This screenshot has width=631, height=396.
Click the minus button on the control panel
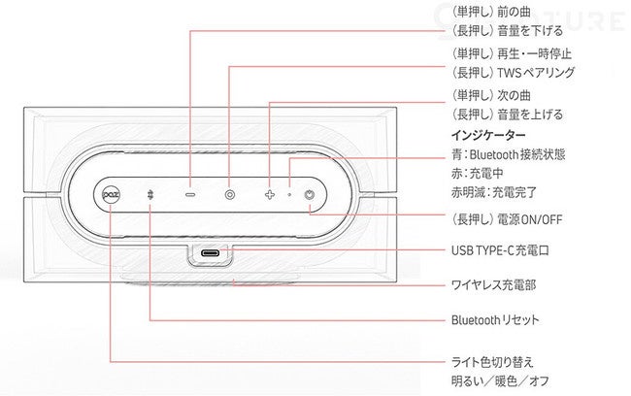[x=190, y=194]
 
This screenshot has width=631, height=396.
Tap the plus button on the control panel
[x=271, y=194]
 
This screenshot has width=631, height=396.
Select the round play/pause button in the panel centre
[x=229, y=194]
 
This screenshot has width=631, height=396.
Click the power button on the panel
[x=309, y=194]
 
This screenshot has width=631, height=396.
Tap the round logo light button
[x=111, y=194]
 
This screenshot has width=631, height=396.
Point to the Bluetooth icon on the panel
[x=150, y=194]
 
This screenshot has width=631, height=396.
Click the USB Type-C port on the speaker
[x=210, y=255]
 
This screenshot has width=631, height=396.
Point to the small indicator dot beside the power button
[x=290, y=194]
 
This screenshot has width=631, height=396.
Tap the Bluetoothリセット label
[x=495, y=319]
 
